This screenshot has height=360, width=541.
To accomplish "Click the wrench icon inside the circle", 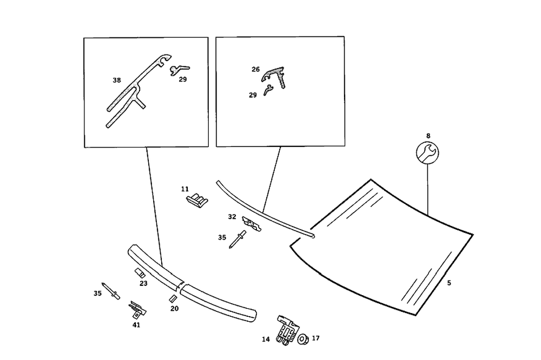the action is point(427,152).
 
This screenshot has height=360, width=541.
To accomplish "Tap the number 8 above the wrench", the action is point(428,136).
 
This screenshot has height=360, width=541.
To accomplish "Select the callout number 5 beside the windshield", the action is point(449,283).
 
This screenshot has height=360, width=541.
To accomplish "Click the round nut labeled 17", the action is point(303,339).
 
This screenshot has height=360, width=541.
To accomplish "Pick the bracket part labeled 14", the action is point(287,330).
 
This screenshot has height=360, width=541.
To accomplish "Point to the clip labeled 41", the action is point(137,309).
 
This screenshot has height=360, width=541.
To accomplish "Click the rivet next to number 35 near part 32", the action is point(237,239).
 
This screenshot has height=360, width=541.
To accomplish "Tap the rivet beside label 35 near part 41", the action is point(111,291).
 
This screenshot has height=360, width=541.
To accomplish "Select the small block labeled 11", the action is point(197,201).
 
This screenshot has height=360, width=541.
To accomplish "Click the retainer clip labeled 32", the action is point(252,223).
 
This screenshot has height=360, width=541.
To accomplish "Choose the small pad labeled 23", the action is point(140,273).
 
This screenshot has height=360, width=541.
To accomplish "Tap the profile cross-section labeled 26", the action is point(273,77).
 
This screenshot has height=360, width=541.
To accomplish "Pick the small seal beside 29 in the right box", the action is point(268,90).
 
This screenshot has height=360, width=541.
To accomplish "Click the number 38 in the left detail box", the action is point(117,81).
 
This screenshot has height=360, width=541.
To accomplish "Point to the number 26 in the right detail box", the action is point(256,69).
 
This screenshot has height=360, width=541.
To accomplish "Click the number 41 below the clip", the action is point(136,325).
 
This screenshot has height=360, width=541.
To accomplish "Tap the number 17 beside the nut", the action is point(316,338).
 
